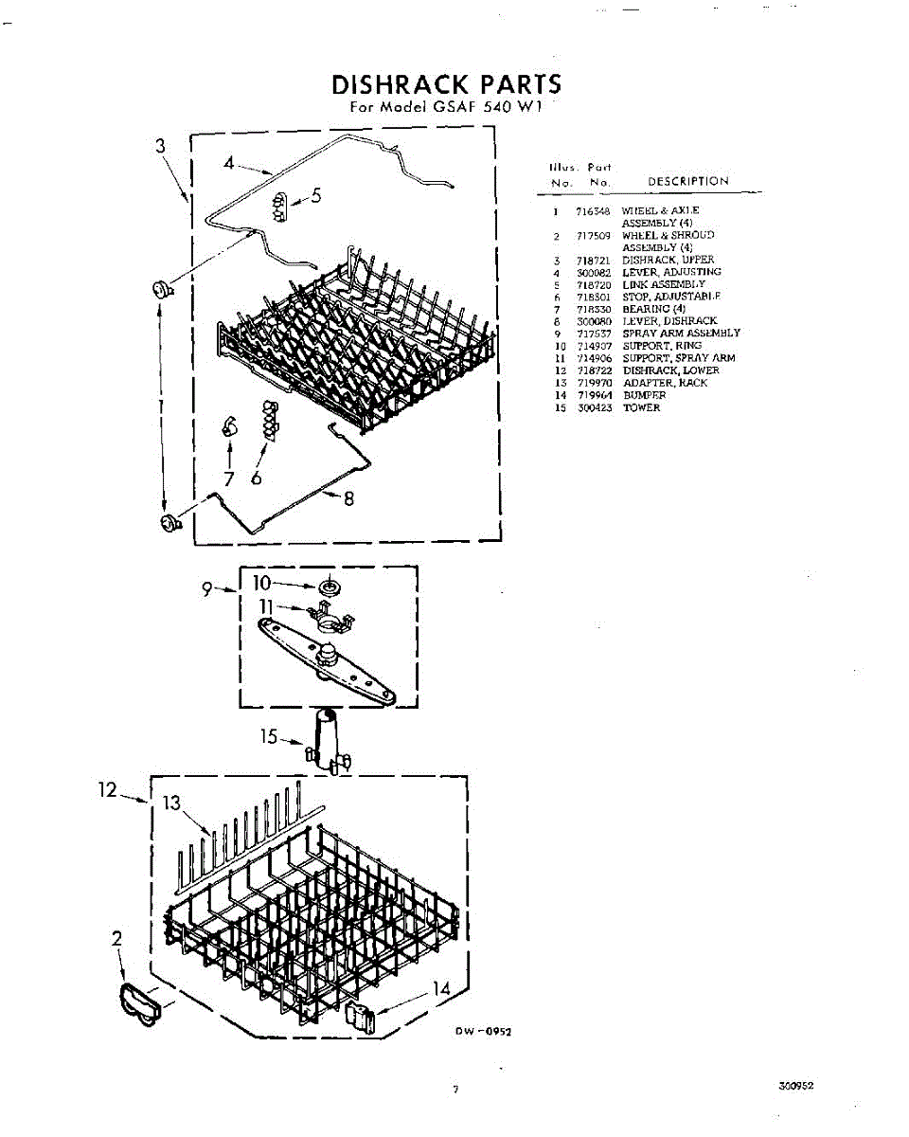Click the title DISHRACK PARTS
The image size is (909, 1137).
(x=446, y=84)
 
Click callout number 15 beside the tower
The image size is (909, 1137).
(x=271, y=736)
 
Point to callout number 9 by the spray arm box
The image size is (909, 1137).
(x=208, y=588)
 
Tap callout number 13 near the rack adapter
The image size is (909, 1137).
(x=171, y=804)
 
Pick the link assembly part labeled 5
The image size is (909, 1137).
(x=279, y=205)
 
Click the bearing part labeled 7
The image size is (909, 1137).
(x=228, y=426)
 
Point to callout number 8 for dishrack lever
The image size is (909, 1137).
(x=348, y=499)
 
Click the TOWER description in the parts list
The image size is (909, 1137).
(x=641, y=407)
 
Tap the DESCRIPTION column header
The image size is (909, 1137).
(x=687, y=181)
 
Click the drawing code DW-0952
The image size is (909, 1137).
(x=486, y=1032)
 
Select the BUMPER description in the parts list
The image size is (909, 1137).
(x=644, y=395)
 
